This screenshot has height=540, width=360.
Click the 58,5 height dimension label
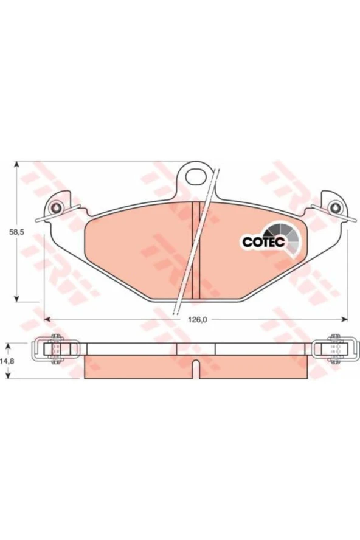point(17,232)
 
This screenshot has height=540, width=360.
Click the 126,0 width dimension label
point(196,320)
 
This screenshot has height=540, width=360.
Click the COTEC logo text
point(263,242)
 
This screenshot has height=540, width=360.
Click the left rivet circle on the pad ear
point(56,208)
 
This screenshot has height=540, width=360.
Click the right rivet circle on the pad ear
point(335,207)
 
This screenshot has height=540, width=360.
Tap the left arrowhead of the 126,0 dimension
point(47,320)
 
